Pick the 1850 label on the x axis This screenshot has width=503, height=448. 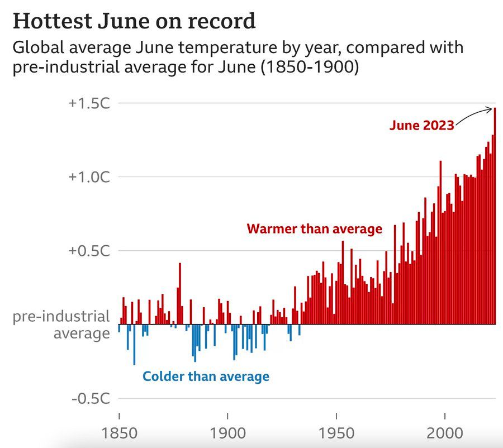point(119,433)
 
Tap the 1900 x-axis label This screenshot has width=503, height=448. point(227,433)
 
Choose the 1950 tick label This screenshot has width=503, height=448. point(336,433)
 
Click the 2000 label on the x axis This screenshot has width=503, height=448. point(444,433)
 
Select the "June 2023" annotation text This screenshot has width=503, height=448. point(421,126)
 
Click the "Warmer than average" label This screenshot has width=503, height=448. point(315,229)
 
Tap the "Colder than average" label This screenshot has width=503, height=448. point(206,376)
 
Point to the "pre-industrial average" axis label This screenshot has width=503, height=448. point(61,325)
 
